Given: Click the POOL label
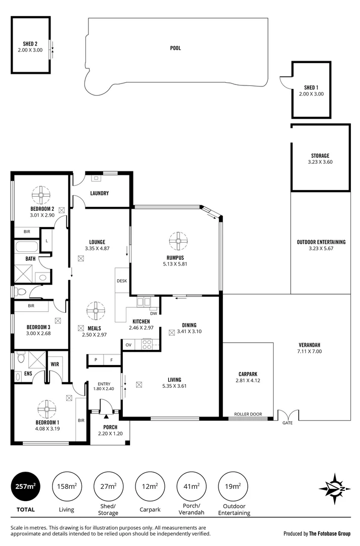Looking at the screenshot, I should [x=175, y=49].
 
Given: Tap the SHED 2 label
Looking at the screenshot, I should [x=31, y=44].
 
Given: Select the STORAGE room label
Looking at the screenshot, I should [x=320, y=156].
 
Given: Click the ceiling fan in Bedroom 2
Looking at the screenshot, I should [x=40, y=195].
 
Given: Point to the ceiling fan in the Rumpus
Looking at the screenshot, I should [x=178, y=241].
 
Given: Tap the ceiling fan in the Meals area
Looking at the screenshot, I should [x=95, y=310].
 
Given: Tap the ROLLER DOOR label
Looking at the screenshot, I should [x=248, y=415].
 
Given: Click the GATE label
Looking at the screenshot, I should [x=287, y=423].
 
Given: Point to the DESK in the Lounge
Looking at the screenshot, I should [x=121, y=281].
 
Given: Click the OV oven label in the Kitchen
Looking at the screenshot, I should [x=128, y=345].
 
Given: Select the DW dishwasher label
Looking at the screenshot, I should [x=154, y=313].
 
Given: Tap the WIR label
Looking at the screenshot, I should [x=55, y=363].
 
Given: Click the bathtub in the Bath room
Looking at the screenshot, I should [x=26, y=248].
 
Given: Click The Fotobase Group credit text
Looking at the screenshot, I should [x=317, y=533].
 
